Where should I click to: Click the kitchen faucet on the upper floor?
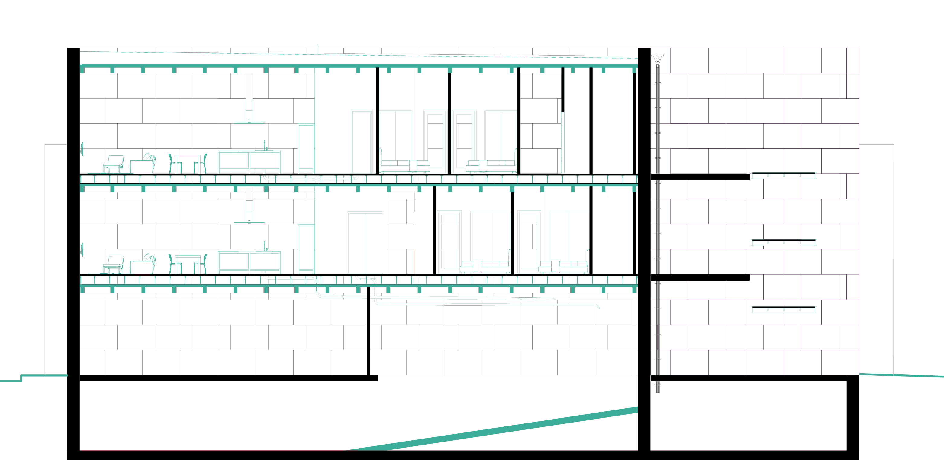(264, 145)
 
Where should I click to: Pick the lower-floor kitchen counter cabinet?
(249, 262)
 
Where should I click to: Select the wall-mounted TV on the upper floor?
(82, 149)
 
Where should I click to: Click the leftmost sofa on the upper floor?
(405, 166)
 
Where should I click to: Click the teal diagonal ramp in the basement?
(495, 429)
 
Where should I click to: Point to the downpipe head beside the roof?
(657, 59)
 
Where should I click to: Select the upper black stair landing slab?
(700, 177)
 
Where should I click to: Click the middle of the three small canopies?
(784, 241)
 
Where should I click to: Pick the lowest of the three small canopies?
(784, 308)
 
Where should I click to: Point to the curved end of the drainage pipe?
(598, 307)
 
